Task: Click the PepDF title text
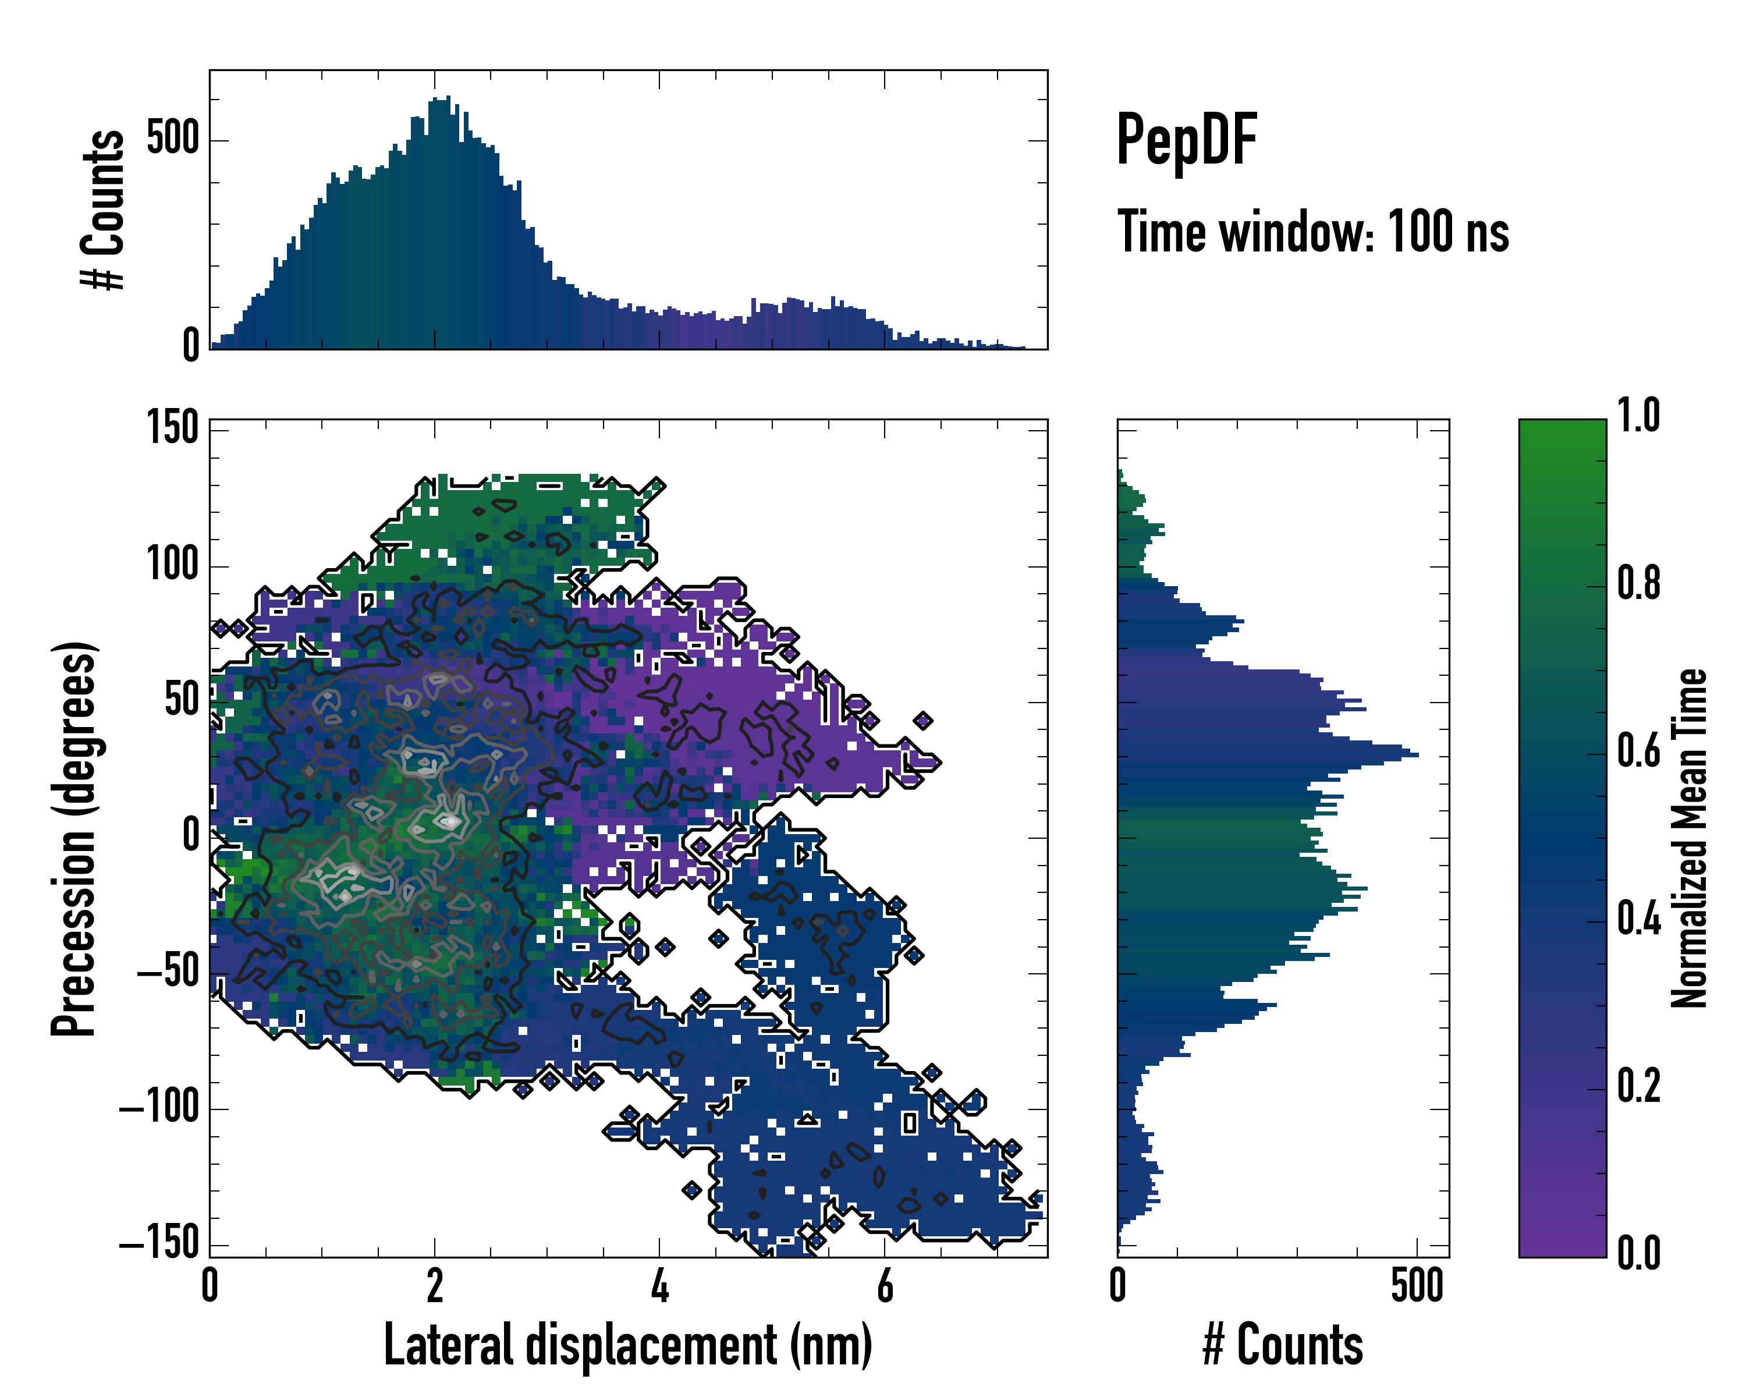click(x=1186, y=140)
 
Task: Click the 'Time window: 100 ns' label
click(x=1313, y=232)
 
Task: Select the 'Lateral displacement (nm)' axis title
click(x=627, y=1345)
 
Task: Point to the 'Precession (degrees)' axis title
click(x=74, y=838)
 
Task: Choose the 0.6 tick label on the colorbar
click(x=1638, y=751)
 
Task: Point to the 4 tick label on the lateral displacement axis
click(x=660, y=1287)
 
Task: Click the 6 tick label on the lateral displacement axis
click(x=885, y=1287)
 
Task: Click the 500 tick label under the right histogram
click(x=1417, y=1287)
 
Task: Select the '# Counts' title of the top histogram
click(x=103, y=209)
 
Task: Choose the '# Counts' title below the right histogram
click(x=1283, y=1345)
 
